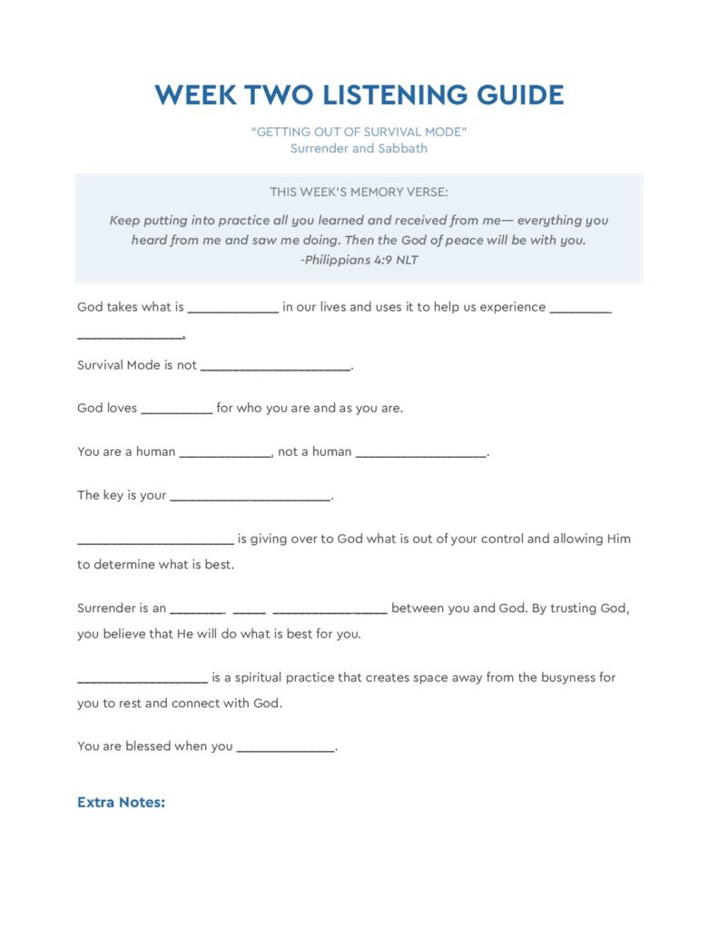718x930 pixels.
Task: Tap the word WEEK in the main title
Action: click(x=195, y=95)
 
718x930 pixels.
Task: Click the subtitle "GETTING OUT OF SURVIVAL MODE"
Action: click(x=359, y=132)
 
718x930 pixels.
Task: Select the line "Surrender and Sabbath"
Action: click(x=359, y=148)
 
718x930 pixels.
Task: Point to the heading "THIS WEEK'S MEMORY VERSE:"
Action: click(x=359, y=192)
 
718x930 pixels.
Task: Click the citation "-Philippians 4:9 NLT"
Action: click(x=359, y=260)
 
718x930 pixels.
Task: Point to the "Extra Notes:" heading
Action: click(x=121, y=803)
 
